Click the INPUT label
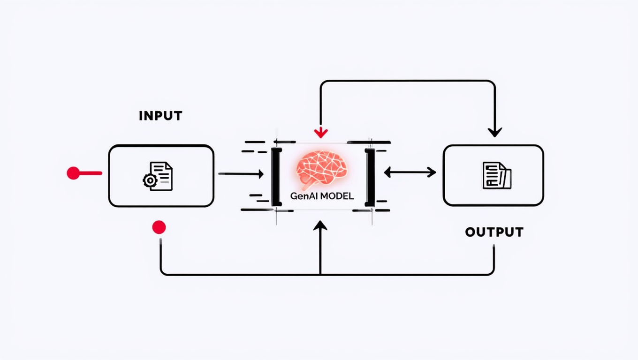click(x=160, y=116)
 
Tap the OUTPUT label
click(x=494, y=232)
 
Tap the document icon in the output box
click(x=497, y=175)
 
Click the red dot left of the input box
click(x=73, y=173)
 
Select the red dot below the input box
click(x=159, y=228)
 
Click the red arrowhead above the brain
click(x=321, y=133)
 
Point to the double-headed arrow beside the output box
click(x=410, y=172)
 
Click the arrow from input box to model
click(x=241, y=174)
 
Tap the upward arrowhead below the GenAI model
click(x=320, y=226)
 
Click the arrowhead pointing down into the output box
click(x=494, y=132)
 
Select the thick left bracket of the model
click(x=276, y=177)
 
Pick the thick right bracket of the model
click(x=370, y=177)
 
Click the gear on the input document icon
click(x=149, y=180)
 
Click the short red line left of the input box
click(x=91, y=173)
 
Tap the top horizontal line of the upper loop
click(x=407, y=81)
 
